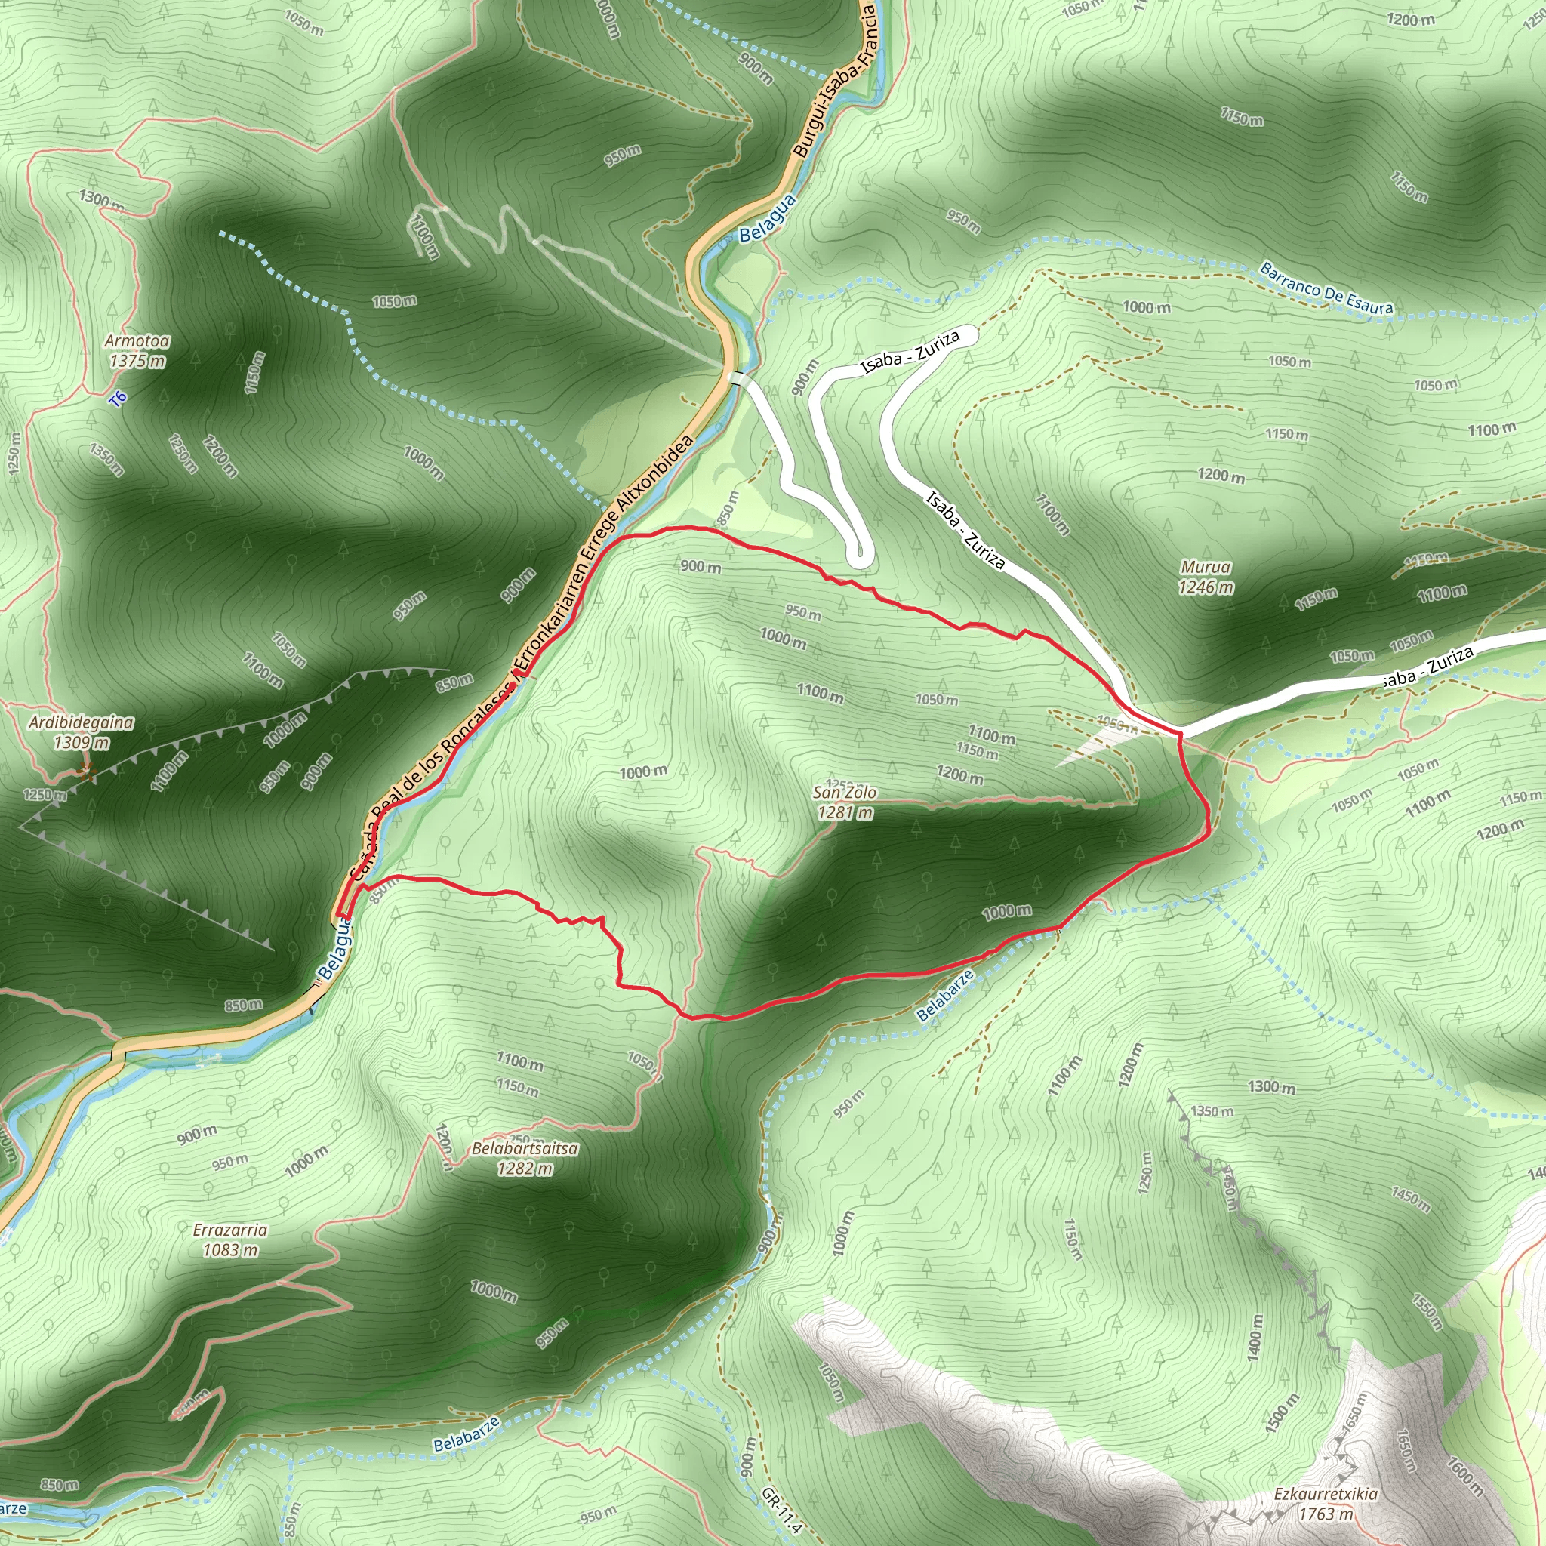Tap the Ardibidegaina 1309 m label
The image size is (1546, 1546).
click(x=82, y=731)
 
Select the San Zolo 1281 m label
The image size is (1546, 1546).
click(x=844, y=802)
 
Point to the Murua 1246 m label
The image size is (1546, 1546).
click(x=1206, y=577)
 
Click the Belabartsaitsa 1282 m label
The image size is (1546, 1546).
click(x=525, y=1158)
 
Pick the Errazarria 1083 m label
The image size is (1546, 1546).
click(x=230, y=1240)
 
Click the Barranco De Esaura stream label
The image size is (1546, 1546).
click(x=1326, y=288)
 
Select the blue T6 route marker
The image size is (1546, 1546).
click(x=119, y=399)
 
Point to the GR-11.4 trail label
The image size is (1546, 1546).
click(x=781, y=1511)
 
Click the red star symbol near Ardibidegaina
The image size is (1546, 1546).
click(x=85, y=772)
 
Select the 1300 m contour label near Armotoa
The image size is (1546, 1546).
click(x=101, y=200)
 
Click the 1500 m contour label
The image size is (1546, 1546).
click(x=1282, y=1412)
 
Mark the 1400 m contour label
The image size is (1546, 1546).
click(x=1254, y=1336)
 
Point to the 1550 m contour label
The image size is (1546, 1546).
click(x=1427, y=1312)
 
